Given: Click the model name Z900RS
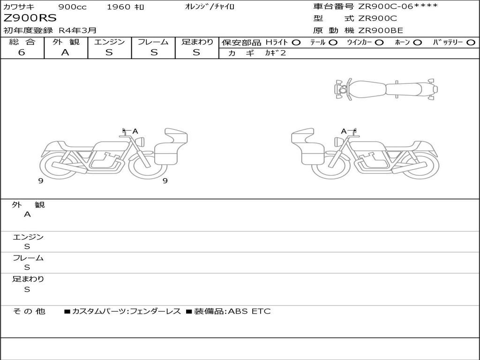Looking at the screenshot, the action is click(x=30, y=18).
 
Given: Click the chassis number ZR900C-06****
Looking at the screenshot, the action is click(x=398, y=6).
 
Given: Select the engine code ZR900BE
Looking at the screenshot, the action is click(x=381, y=30).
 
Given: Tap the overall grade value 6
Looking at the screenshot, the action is click(x=22, y=52).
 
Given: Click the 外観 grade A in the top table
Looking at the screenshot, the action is click(x=65, y=52).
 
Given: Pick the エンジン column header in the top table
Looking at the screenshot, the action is click(x=109, y=42).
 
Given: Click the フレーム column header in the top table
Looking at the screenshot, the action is click(x=153, y=42).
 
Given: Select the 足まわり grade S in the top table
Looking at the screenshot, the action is click(x=196, y=52).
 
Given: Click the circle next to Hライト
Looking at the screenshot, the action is click(x=296, y=43).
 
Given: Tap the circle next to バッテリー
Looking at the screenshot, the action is click(x=471, y=43).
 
